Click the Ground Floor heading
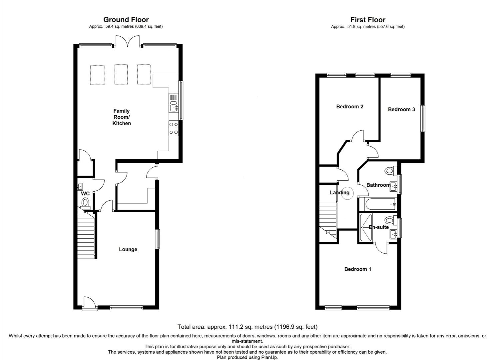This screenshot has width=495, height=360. coord(126,20)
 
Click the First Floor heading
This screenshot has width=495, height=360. coord(368,20)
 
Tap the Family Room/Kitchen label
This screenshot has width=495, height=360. coord(122,117)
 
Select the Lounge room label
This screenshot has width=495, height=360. coord(128,249)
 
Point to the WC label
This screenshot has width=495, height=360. coord(85,194)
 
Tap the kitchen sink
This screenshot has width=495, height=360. coord(174,107)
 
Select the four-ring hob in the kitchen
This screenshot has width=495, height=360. coord(174,128)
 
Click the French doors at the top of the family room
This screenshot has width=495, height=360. coord(126,42)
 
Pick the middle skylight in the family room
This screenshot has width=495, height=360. coord(121,75)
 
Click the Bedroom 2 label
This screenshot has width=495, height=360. coord(349,107)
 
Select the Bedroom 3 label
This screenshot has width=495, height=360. coord(401,109)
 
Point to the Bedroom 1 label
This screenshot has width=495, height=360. coord(357,269)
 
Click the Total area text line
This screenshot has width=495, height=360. coord(247,327)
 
